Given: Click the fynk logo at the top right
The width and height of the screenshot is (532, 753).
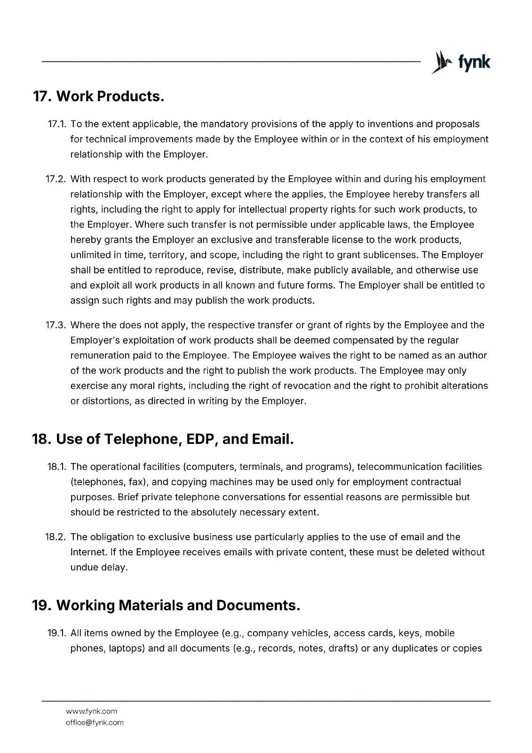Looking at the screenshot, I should click(461, 62).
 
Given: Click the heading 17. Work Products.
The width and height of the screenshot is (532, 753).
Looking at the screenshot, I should click(98, 96).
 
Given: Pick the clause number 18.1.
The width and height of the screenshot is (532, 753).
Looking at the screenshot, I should click(56, 467).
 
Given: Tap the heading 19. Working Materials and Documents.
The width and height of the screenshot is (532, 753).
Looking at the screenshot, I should click(166, 605).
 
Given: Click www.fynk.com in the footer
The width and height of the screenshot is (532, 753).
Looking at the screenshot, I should click(92, 711).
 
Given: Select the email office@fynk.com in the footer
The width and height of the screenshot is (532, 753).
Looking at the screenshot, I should click(95, 722).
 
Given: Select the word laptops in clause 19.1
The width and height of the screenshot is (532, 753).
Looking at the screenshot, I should click(126, 648).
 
